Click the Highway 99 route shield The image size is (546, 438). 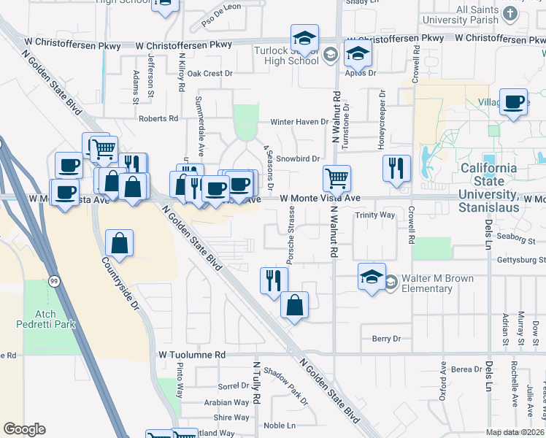click(x=54, y=280)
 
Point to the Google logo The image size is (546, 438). click(x=24, y=429)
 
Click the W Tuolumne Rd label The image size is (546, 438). click(x=192, y=354)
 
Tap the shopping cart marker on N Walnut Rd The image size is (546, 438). click(x=337, y=177)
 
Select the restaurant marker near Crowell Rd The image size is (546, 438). click(x=396, y=167)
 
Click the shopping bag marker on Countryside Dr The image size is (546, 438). click(x=120, y=243)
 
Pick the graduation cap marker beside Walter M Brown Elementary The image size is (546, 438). click(x=372, y=277)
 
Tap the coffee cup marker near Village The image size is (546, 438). click(x=515, y=101)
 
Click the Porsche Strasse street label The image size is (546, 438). click(x=290, y=236)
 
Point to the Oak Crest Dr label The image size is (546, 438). click(x=209, y=73)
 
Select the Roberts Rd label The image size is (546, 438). click(x=158, y=118)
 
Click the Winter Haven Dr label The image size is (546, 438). click(x=299, y=122)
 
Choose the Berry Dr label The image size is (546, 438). click(x=386, y=339)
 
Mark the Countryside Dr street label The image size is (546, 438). click(x=120, y=285)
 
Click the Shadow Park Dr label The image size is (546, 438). click(x=285, y=385)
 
